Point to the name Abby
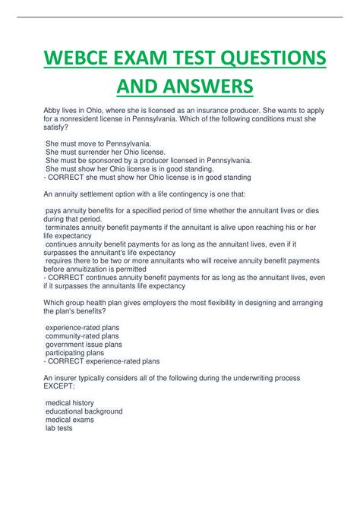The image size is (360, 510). coord(53,110)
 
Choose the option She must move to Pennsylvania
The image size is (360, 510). coord(98,143)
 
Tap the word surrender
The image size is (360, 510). coord(95,152)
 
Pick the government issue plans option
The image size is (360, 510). coord(84,344)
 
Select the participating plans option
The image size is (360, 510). coord(74,353)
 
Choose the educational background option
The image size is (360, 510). coord(84,411)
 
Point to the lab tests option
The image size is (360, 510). coord(59,429)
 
